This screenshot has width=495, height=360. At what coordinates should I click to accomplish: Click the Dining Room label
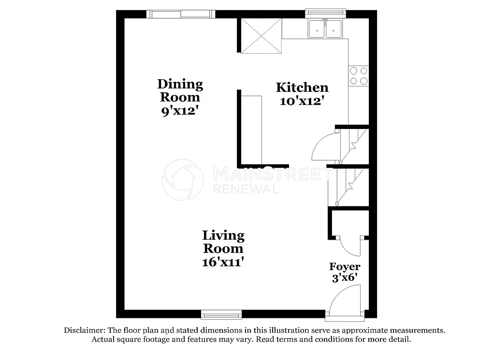pyautogui.click(x=180, y=90)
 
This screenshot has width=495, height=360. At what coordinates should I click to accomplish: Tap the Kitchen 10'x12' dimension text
pyautogui.click(x=302, y=101)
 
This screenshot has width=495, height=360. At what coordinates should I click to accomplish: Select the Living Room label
pyautogui.click(x=223, y=242)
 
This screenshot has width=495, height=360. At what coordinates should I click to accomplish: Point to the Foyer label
pyautogui.click(x=345, y=267)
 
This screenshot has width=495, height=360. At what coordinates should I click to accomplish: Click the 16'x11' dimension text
pyautogui.click(x=223, y=262)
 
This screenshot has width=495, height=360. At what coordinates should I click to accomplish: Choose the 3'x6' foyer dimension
pyautogui.click(x=345, y=278)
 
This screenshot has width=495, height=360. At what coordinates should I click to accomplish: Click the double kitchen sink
pyautogui.click(x=325, y=29)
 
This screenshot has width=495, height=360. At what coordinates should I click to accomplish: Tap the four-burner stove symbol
pyautogui.click(x=358, y=76)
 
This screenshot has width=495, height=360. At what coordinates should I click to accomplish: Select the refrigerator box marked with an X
pyautogui.click(x=261, y=36)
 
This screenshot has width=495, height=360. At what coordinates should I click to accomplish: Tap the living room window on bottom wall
pyautogui.click(x=221, y=315)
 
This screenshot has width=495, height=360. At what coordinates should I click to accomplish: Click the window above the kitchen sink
pyautogui.click(x=325, y=13)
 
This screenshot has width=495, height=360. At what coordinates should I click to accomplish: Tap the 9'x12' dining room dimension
pyautogui.click(x=180, y=111)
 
